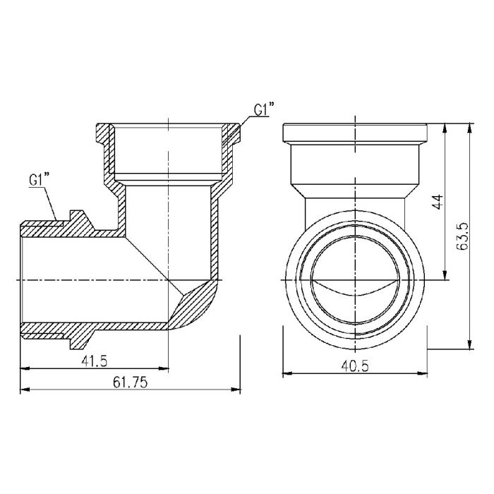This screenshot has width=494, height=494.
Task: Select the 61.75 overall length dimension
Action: click(x=128, y=382)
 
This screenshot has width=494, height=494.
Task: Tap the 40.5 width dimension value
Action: click(x=355, y=366)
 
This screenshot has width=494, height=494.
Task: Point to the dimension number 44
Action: click(x=437, y=203)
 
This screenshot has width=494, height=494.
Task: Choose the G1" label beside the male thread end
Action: click(x=39, y=180)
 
